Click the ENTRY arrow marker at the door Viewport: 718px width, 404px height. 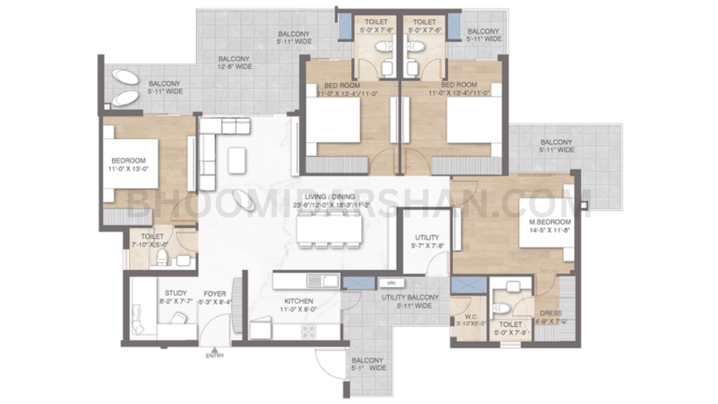[x=215, y=349]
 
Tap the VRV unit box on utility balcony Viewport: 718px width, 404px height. [x=391, y=283]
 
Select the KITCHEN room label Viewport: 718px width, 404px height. [x=298, y=301]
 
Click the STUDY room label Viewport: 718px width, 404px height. [x=175, y=293]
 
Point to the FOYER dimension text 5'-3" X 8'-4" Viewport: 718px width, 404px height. [x=215, y=302]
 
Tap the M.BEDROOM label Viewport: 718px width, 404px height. [x=543, y=222]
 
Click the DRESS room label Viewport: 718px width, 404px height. [x=551, y=313]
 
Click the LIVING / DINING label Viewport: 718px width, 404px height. [x=329, y=197]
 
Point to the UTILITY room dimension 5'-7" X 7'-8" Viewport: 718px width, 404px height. [x=427, y=246]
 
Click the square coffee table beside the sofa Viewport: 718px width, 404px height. [x=236, y=160]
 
